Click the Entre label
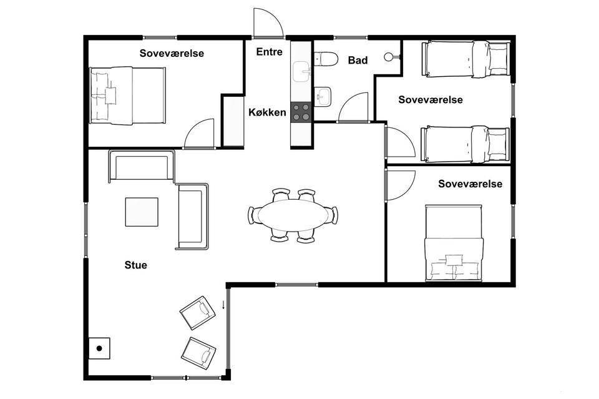[270, 52]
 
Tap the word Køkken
[268, 112]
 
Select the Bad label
[358, 61]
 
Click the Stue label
[135, 265]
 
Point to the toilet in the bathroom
[326, 59]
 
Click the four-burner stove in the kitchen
[301, 112]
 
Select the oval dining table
[293, 215]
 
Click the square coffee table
[142, 212]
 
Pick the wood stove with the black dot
[99, 348]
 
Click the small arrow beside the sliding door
[223, 305]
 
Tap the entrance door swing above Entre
[268, 24]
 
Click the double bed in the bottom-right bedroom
[454, 244]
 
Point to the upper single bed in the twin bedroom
[465, 59]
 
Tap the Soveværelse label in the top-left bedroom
[172, 53]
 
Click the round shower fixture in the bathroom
[389, 57]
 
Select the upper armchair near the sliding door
[198, 312]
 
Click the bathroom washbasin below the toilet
[323, 96]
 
